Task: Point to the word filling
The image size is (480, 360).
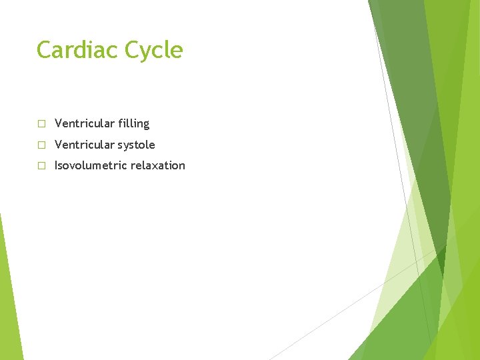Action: pyautogui.click(x=133, y=124)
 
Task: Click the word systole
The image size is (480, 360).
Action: pyautogui.click(x=136, y=145)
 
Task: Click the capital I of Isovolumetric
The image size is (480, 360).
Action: pyautogui.click(x=56, y=165)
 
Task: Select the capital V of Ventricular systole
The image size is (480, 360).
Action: pyautogui.click(x=59, y=145)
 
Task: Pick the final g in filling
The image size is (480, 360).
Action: pyautogui.click(x=146, y=125)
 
